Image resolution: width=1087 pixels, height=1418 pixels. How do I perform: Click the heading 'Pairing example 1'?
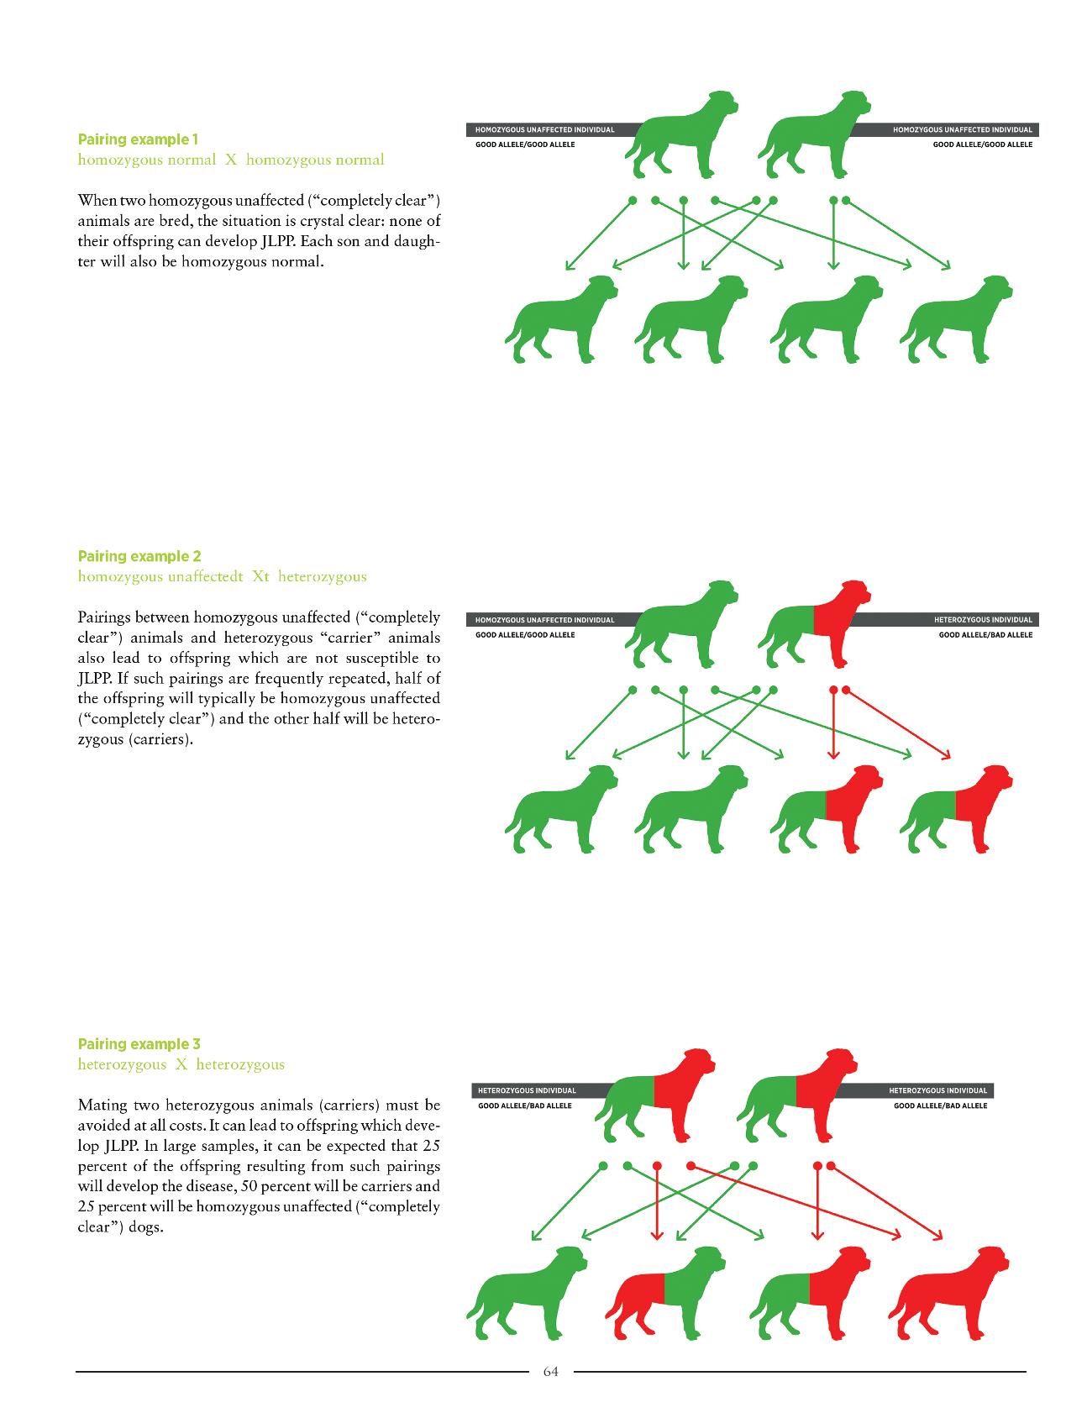138,139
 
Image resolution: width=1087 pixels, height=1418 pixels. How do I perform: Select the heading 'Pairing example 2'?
139,556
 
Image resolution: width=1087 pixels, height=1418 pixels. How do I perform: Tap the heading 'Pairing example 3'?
139,1044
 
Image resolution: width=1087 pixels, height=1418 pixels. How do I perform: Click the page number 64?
550,1372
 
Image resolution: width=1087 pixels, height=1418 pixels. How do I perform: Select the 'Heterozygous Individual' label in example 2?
983,620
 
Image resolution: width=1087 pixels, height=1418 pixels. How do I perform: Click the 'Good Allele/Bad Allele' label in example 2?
985,635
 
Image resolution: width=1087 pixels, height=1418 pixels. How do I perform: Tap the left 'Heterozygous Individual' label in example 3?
527,1090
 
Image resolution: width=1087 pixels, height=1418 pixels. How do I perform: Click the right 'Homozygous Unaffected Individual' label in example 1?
962,130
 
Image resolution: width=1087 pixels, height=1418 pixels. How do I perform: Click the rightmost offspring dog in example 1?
958,319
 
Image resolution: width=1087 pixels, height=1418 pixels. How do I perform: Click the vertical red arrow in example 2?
833,722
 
